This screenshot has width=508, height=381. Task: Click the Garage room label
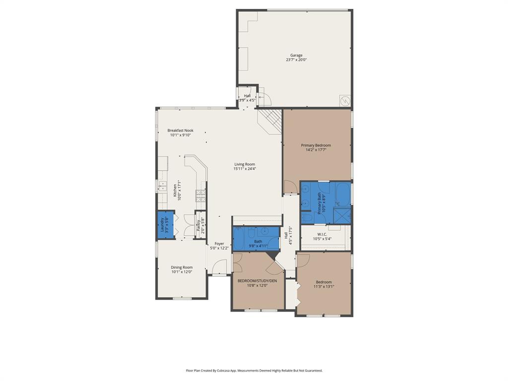[x=296, y=56]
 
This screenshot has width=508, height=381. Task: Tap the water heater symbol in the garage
[x=345, y=101]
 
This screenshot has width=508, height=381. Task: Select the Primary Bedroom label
[x=316, y=145]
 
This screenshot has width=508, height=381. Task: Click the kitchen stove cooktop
[x=201, y=196]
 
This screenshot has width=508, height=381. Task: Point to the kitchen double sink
[x=162, y=186]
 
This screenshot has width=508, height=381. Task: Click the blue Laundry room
[x=163, y=226]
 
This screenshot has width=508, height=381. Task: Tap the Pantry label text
[x=198, y=226]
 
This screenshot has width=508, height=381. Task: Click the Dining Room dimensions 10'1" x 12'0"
[x=182, y=272]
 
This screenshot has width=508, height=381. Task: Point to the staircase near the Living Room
[x=270, y=121]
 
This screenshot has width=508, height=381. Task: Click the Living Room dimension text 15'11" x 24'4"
[x=245, y=169]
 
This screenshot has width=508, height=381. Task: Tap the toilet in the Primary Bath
[x=306, y=217]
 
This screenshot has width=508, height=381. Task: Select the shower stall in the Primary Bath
[x=342, y=216]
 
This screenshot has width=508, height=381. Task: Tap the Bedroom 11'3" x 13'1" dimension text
[x=324, y=286]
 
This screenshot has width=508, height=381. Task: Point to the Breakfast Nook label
[x=180, y=130]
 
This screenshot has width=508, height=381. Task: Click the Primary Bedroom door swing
[x=289, y=187]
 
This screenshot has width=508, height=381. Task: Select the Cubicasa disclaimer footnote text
[x=254, y=370]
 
